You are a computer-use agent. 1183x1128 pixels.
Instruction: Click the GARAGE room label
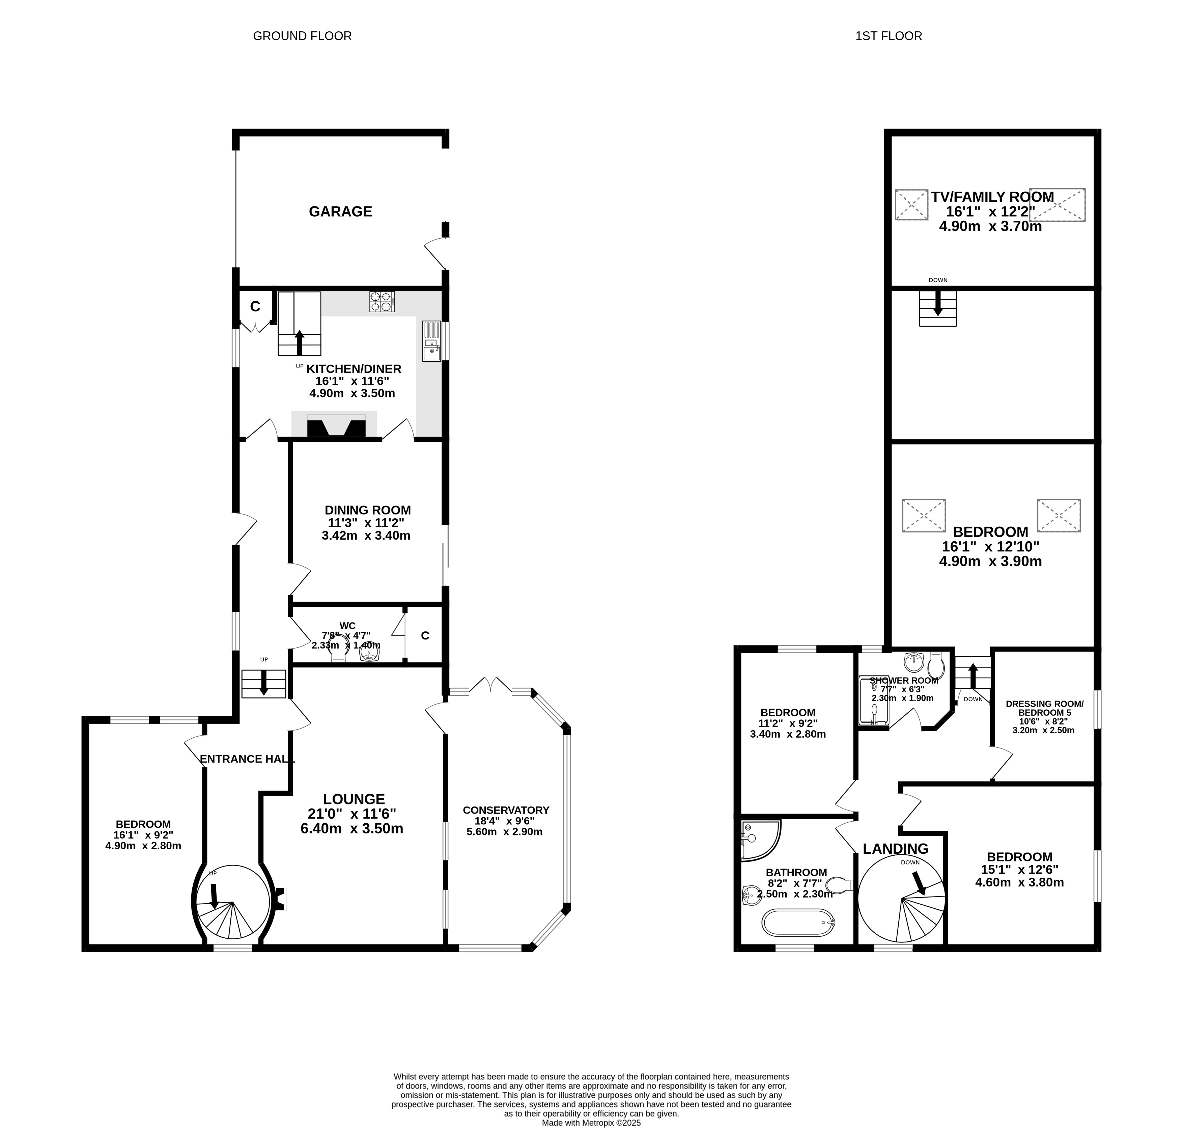340,212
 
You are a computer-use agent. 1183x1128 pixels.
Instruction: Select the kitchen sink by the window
431,341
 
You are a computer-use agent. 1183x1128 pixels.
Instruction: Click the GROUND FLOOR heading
302,36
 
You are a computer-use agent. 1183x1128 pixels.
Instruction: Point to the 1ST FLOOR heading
889,36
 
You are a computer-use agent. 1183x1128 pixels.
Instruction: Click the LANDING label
896,848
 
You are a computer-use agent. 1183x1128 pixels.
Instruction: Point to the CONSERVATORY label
506,810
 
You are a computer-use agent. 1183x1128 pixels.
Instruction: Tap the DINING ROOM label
368,510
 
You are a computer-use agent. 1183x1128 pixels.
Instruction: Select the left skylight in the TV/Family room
911,204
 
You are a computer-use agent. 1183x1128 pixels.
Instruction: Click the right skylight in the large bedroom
1059,515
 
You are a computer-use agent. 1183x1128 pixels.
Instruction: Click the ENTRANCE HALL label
247,759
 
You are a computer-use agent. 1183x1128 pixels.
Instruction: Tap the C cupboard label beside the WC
425,636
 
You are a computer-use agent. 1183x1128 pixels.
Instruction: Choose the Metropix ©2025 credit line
592,1122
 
